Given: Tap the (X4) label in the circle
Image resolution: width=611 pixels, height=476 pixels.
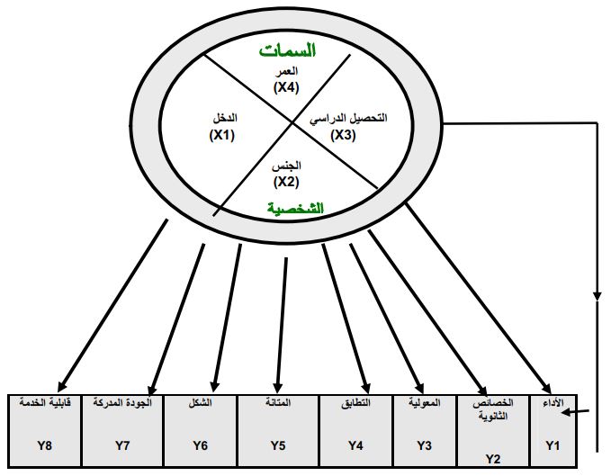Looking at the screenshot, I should (x=286, y=88).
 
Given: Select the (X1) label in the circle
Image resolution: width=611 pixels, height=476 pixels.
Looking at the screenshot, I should (x=222, y=134).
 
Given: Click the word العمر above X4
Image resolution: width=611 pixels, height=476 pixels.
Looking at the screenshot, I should (x=286, y=72).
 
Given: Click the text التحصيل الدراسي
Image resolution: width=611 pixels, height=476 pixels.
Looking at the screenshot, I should (x=350, y=119).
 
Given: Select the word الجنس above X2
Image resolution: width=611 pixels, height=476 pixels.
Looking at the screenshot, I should (x=286, y=166).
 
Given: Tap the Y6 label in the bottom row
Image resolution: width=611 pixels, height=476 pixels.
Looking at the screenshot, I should (x=200, y=444).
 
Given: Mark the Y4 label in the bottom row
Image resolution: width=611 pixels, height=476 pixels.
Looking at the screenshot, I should (x=356, y=444).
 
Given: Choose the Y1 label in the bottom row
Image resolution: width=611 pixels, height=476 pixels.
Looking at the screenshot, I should (x=553, y=444).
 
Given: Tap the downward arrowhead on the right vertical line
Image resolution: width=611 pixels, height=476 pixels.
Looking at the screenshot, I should (x=597, y=294).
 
